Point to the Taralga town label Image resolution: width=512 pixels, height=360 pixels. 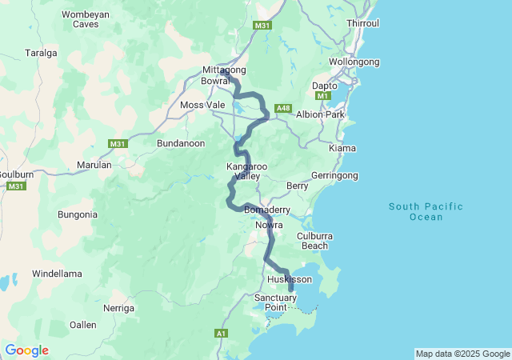41,53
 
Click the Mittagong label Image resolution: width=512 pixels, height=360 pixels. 223,70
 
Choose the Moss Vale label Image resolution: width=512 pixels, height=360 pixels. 202,105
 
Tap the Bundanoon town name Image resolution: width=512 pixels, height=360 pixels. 180,143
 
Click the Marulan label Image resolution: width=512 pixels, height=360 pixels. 94,165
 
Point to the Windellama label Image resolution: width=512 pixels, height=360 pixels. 57,274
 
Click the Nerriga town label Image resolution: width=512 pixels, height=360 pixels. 118,308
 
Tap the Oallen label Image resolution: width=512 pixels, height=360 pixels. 83,325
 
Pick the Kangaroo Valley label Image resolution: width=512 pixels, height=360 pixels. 246,171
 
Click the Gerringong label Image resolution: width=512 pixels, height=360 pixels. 334,174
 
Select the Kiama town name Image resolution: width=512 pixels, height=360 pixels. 342,149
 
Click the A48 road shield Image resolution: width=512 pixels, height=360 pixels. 283,108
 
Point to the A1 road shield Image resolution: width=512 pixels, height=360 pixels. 221,333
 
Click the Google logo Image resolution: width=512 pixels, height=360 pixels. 27,350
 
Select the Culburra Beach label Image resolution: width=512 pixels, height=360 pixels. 314,241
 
